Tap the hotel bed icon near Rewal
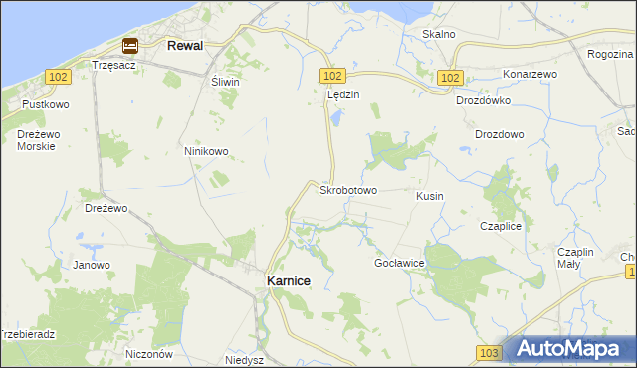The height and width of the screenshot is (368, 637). pyautogui.click(x=130, y=45)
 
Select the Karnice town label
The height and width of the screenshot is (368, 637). pyautogui.click(x=289, y=281)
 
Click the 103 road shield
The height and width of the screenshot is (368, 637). pyautogui.click(x=488, y=353)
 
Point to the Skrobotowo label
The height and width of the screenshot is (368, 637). pyautogui.click(x=347, y=189)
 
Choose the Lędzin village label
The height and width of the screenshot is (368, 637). pyautogui.click(x=342, y=94)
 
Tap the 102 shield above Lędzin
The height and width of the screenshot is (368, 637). pyautogui.click(x=332, y=76)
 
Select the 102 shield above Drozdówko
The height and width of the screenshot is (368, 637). pyautogui.click(x=450, y=77)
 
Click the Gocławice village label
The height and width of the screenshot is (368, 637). pyautogui.click(x=399, y=263)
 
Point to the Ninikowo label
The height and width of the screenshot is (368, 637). pyautogui.click(x=206, y=151)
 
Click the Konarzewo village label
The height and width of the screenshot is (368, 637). pyautogui.click(x=530, y=75)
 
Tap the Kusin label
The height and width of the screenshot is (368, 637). pyautogui.click(x=430, y=197)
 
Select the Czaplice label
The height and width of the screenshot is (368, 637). pyautogui.click(x=501, y=226)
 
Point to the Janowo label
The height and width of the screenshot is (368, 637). pyautogui.click(x=92, y=265)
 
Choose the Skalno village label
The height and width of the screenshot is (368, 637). pyautogui.click(x=438, y=34)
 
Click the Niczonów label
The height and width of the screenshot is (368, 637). pyautogui.click(x=150, y=354)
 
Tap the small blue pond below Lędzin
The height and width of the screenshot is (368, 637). pyautogui.click(x=336, y=118)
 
